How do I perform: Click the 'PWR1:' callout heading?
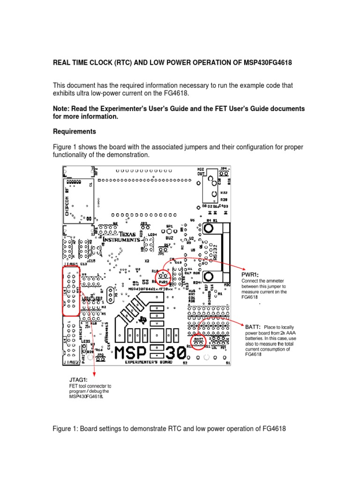[251, 275]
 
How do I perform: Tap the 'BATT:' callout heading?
[253, 327]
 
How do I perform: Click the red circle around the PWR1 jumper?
[163, 279]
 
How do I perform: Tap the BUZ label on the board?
[170, 238]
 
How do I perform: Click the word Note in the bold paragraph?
[61, 109]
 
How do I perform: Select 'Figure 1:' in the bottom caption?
[67, 429]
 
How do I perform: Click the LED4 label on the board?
[152, 234]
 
